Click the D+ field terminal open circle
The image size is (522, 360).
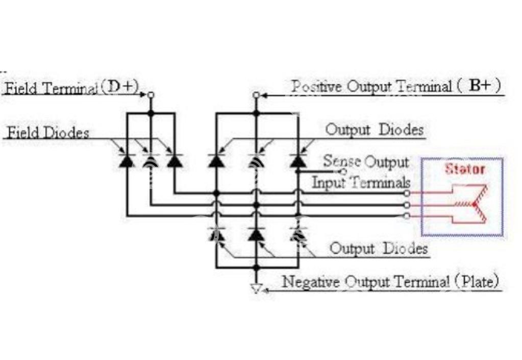151,95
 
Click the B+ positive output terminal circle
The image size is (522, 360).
256,95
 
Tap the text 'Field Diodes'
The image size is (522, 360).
48,133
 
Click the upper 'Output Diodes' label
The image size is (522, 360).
375,130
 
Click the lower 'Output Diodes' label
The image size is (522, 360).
379,249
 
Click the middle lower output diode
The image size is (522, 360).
256,234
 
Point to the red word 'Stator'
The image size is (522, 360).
465,169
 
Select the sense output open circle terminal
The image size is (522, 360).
343,172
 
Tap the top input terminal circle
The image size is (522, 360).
407,193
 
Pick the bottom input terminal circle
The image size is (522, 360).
407,216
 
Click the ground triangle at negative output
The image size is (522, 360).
256,289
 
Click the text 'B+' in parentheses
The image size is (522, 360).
480,86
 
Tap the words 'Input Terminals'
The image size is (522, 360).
361,182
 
